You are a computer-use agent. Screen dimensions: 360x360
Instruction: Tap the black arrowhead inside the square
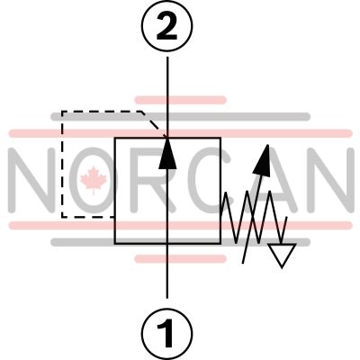[x=167, y=153]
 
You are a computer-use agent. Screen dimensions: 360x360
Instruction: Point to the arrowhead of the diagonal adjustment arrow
[x=263, y=159]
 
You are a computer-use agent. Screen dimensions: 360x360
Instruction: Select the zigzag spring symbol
[x=252, y=217]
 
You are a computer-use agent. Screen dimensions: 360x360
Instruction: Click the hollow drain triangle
[x=282, y=254]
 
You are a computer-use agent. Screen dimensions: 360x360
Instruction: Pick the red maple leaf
[x=94, y=180]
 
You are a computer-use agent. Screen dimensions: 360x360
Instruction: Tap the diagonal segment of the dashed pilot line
[x=154, y=124]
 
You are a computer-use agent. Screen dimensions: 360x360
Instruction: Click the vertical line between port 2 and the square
[x=167, y=97]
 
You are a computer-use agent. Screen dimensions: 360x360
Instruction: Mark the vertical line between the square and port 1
[x=167, y=271]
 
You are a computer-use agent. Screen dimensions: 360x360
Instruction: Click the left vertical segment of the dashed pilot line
[x=62, y=164]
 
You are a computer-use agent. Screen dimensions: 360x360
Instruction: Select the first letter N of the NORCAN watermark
[x=32, y=180]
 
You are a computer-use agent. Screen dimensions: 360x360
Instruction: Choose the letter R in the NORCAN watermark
[x=153, y=180]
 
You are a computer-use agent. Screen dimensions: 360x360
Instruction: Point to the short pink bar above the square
[x=180, y=100]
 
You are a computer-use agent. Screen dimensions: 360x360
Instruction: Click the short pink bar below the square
[x=180, y=258]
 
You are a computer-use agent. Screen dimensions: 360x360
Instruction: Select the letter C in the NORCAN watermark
[x=207, y=180]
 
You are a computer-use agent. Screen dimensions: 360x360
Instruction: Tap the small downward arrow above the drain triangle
[x=283, y=229]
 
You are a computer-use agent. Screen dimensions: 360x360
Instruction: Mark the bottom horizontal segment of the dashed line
[x=88, y=216]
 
